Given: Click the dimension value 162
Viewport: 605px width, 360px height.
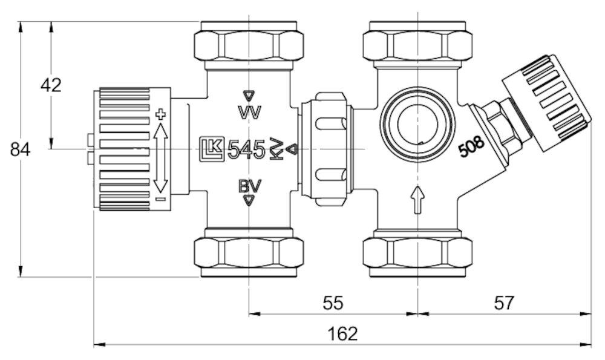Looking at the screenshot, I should pos(343,333).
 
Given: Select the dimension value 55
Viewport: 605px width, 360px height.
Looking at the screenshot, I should pos(333,303).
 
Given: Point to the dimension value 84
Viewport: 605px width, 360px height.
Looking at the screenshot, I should pos(21,149).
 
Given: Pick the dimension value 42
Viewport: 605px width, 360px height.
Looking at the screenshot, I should pos(51,85).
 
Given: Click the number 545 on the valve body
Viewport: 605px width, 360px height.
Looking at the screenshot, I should pos(247,149).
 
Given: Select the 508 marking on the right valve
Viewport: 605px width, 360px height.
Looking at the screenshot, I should pos(471,148).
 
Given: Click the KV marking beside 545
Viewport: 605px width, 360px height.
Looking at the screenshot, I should pos(276,149).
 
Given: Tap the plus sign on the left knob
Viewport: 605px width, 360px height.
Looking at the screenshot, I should pos(160,113).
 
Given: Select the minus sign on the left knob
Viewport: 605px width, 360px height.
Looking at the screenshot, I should pos(160,198).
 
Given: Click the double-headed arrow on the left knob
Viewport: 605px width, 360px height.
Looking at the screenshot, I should pos(160,155).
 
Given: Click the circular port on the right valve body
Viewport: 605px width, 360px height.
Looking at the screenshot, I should pos(417,121).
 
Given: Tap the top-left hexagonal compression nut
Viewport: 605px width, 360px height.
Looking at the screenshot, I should pos(249,44).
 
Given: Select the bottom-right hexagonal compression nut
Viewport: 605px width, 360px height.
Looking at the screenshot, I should pos(417,254).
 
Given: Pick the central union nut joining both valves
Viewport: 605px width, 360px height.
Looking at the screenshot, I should pos(326,148).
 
